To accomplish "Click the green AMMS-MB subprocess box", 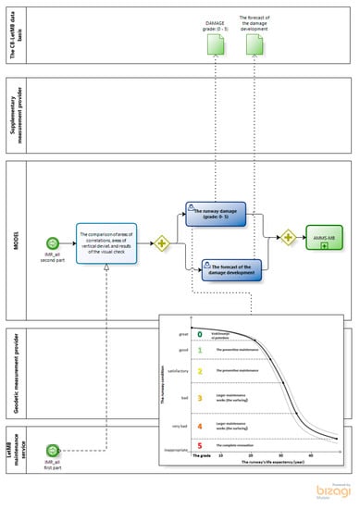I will pyautogui.click(x=324, y=238).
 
